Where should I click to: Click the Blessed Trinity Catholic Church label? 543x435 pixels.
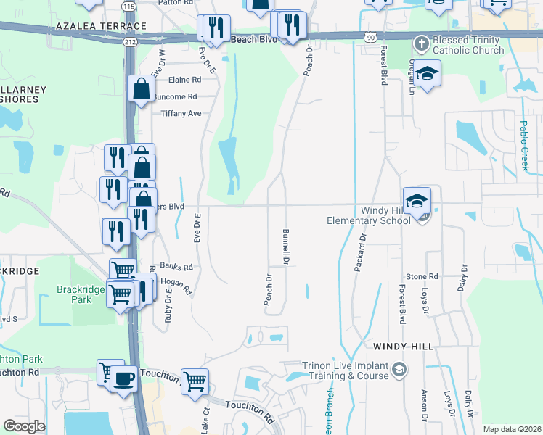(x=468, y=45)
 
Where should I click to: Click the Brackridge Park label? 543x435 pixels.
(x=76, y=294)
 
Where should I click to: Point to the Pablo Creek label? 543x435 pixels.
(x=526, y=145)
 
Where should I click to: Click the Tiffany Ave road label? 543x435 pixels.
(x=181, y=114)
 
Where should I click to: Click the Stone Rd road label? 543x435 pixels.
(x=422, y=276)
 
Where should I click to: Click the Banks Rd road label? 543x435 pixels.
(x=176, y=267)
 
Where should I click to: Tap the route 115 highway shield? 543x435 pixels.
(x=128, y=7)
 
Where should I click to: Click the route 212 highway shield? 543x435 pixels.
(x=130, y=42)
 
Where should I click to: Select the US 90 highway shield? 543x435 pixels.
(x=370, y=36)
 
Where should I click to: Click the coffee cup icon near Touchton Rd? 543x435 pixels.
(x=124, y=379)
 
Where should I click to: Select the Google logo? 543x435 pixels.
(x=24, y=426)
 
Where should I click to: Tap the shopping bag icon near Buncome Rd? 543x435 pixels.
(x=142, y=90)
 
